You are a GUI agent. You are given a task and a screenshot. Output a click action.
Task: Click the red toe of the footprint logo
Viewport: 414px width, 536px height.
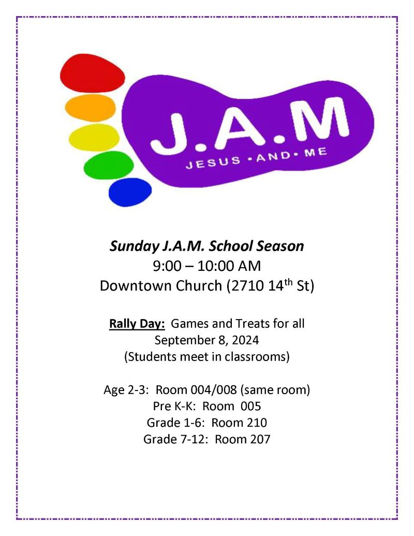pyautogui.click(x=92, y=73)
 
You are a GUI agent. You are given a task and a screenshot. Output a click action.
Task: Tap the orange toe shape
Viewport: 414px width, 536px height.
pyautogui.click(x=90, y=108)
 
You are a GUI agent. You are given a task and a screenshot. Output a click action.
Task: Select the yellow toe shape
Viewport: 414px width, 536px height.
pyautogui.click(x=94, y=137)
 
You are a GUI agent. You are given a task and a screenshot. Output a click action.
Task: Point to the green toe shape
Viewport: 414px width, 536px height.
pyautogui.click(x=109, y=165)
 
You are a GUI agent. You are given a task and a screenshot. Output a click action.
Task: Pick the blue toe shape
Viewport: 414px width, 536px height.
pyautogui.click(x=130, y=192)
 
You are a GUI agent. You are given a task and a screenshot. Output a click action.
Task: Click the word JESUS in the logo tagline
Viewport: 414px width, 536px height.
pyautogui.click(x=213, y=162)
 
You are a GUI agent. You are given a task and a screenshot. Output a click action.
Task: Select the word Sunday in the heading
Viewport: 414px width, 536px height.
pyautogui.click(x=134, y=247)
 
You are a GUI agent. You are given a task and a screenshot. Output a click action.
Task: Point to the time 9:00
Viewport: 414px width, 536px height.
pyautogui.click(x=167, y=266)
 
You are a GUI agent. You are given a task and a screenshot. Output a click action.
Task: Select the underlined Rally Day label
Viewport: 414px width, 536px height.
pyautogui.click(x=137, y=324)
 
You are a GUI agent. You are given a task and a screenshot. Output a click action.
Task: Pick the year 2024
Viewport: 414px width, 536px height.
pyautogui.click(x=246, y=340)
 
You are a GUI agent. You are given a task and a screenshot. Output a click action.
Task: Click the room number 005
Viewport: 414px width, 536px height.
pyautogui.click(x=250, y=406)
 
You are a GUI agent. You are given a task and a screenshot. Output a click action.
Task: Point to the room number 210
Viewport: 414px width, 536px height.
pyautogui.click(x=257, y=423)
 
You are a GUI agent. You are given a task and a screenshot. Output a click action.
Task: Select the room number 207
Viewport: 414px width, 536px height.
pyautogui.click(x=260, y=439)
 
